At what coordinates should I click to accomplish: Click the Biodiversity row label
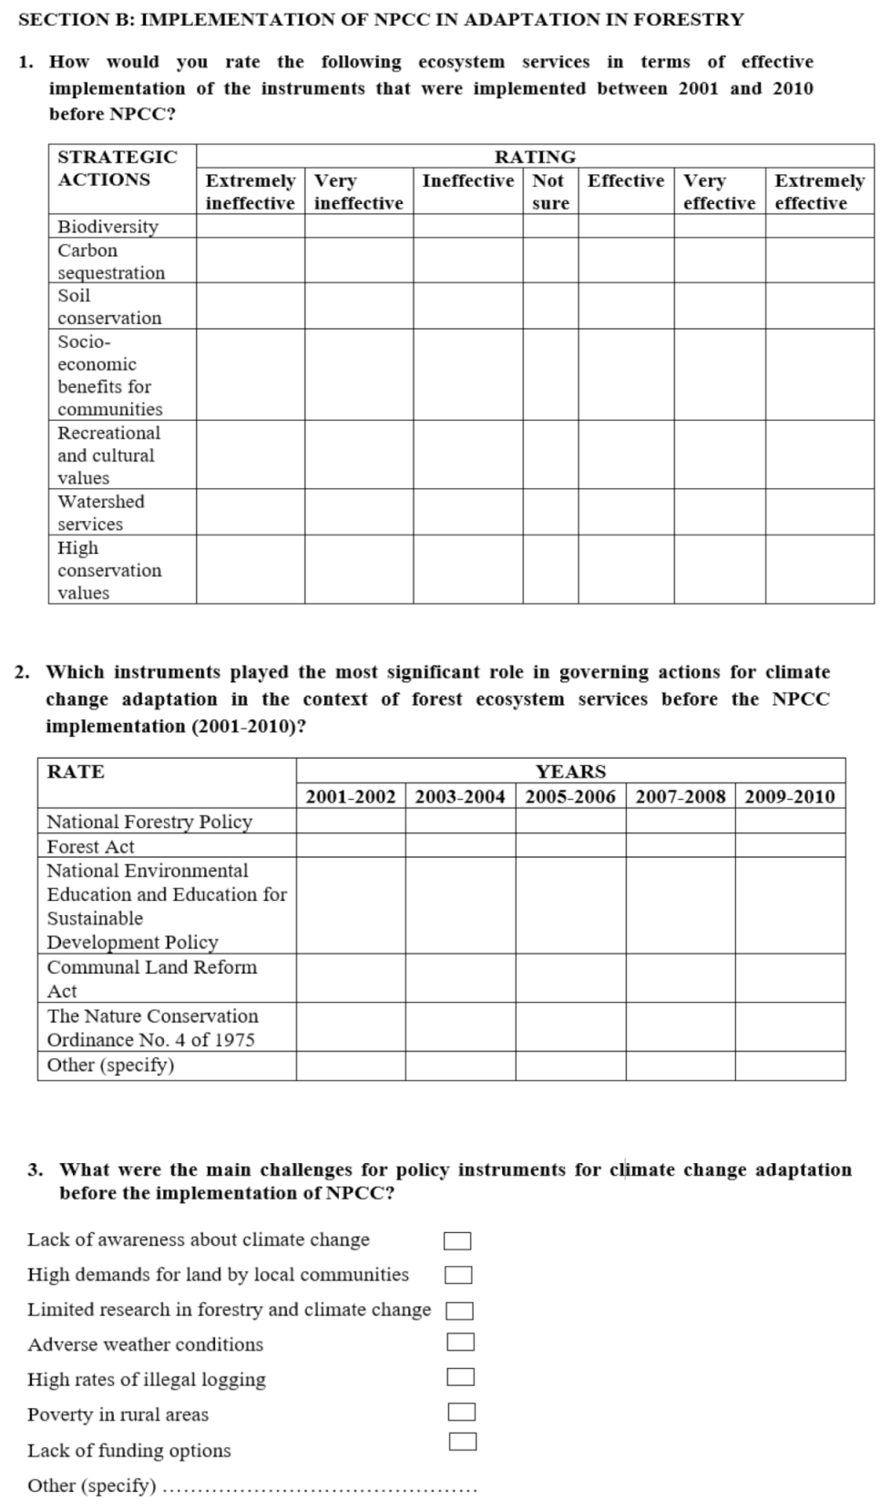click(108, 226)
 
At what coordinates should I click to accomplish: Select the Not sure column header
click(549, 191)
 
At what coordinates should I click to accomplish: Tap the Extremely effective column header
click(819, 191)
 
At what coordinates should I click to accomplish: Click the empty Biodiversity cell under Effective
click(625, 226)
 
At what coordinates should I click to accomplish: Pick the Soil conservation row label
click(109, 306)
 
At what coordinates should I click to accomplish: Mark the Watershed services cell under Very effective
click(719, 512)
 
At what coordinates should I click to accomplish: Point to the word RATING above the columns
click(535, 157)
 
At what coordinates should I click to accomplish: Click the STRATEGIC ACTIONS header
click(118, 168)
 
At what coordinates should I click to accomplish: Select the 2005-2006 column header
click(570, 796)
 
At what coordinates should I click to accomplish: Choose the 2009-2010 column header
click(789, 796)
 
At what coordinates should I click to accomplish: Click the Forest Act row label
click(90, 846)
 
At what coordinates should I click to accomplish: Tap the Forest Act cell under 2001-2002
click(351, 846)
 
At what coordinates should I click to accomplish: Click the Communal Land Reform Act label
click(151, 978)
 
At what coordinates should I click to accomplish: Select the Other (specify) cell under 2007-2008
click(680, 1065)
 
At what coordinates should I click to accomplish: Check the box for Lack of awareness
click(457, 1240)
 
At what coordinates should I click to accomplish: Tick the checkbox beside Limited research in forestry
click(459, 1311)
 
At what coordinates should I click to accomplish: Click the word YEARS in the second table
click(570, 771)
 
